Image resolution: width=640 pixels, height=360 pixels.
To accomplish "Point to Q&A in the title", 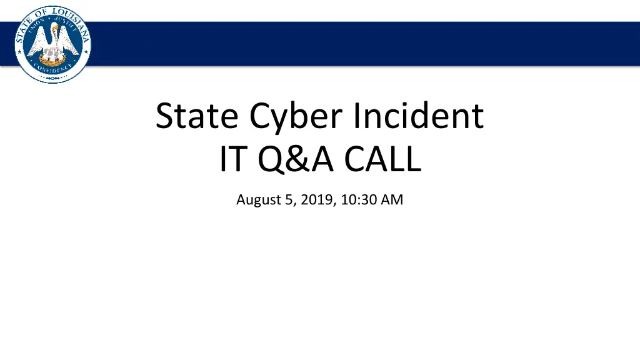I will click(x=292, y=159).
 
